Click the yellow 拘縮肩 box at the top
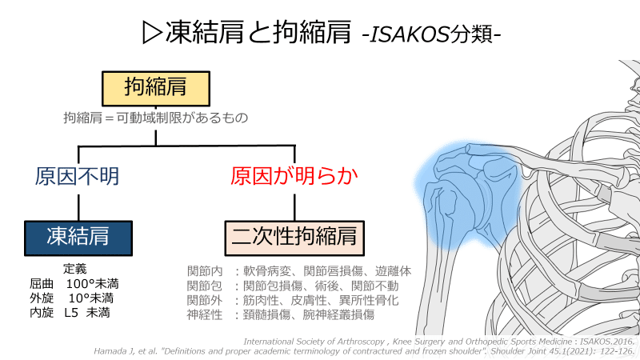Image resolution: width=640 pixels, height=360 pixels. pos(156,86)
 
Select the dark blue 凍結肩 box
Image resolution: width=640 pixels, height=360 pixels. pos(78,237)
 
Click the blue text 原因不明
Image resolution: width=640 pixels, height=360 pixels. pos(78,176)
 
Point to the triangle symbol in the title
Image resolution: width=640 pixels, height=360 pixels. pos(152,32)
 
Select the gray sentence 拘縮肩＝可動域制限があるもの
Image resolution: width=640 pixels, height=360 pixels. pos(156,118)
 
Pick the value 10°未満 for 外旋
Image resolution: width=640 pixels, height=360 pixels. pos(90,298)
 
